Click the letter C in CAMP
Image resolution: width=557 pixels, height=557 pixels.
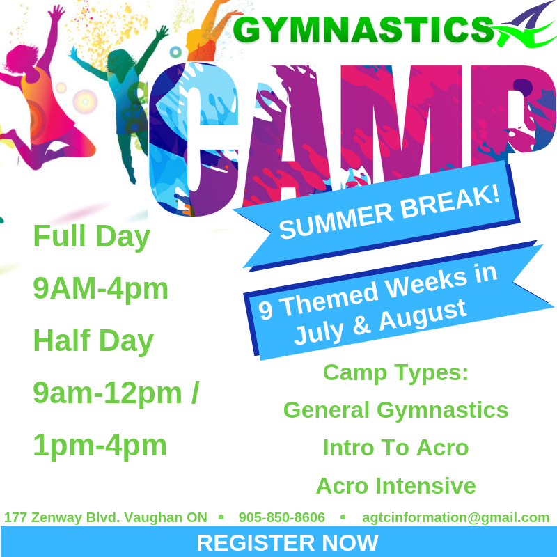(194, 139)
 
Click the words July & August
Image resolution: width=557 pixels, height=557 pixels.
(380, 322)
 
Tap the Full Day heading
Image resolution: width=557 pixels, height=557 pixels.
(92, 237)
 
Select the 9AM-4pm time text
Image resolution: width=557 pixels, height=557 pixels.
(100, 288)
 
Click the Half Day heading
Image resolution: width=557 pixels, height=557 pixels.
(93, 341)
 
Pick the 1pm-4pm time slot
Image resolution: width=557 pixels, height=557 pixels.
(100, 446)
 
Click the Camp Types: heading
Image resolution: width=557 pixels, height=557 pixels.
(395, 373)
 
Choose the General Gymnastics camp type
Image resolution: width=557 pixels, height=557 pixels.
(395, 411)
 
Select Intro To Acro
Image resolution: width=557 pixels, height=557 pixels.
(395, 448)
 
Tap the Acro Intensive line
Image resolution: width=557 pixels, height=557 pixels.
(395, 486)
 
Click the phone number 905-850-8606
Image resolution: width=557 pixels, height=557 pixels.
(282, 517)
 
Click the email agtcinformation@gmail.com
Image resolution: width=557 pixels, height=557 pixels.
(456, 517)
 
